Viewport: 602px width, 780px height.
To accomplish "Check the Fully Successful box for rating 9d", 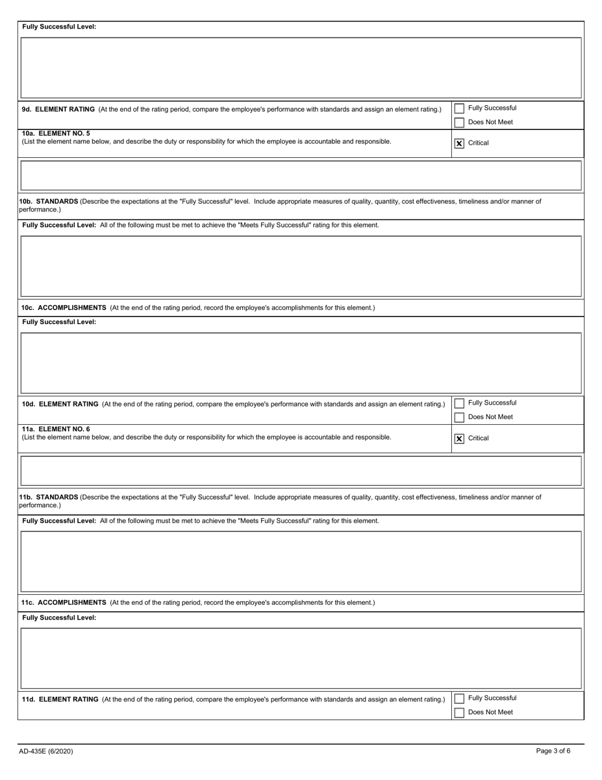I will [459, 108].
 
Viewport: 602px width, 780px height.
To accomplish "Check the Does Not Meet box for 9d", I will [459, 122].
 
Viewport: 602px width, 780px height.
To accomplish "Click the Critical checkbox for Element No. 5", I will [459, 143].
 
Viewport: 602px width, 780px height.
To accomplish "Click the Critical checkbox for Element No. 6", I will [459, 438].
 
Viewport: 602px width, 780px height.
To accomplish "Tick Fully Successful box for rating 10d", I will [459, 403].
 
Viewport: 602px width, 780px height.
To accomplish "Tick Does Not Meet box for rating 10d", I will [459, 417].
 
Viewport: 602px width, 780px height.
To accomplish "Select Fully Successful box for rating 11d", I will [459, 698].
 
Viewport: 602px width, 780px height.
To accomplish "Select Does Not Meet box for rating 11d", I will [459, 713].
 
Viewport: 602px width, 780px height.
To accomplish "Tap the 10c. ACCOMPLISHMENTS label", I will [64, 308].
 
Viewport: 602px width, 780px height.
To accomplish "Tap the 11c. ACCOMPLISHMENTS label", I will [64, 602].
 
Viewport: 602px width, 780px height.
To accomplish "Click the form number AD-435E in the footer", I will [46, 751].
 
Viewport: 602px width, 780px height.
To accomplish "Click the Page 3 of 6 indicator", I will [553, 751].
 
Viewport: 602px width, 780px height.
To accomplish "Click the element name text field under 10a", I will [301, 176].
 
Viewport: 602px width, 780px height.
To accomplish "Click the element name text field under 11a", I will [301, 471].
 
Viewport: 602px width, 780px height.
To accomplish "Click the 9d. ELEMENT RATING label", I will [58, 109].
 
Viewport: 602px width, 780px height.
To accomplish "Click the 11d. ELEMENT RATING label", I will [60, 699].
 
